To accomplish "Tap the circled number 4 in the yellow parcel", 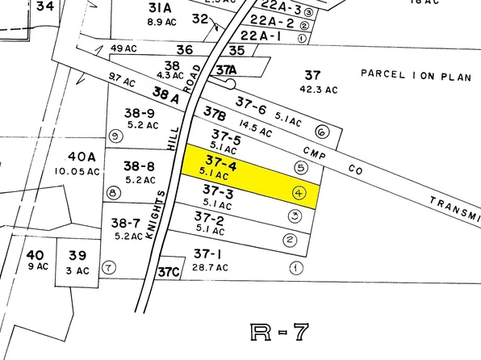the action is [x=299, y=193].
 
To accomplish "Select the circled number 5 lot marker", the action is [x=301, y=168].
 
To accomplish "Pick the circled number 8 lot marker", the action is [x=113, y=192].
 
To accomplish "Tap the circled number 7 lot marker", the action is [x=109, y=267].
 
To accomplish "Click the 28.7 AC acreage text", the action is [x=211, y=267].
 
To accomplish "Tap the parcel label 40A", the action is [x=82, y=157].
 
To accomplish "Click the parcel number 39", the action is [x=77, y=255].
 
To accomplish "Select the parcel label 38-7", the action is [x=127, y=222].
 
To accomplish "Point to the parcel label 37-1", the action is [x=208, y=253].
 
